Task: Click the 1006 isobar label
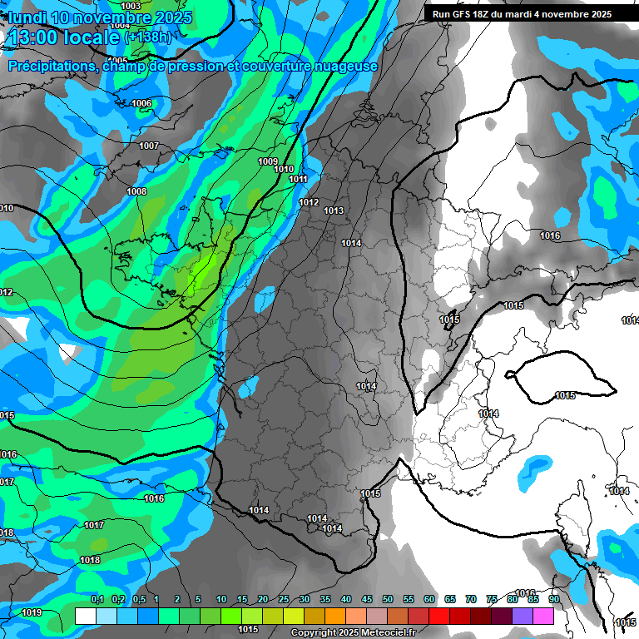[x=142, y=103]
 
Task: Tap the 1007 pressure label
[x=149, y=146]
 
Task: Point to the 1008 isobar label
[x=136, y=191]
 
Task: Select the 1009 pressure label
[x=268, y=161]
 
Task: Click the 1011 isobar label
[x=299, y=179]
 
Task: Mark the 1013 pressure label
[x=334, y=211]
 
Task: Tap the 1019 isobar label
[x=32, y=612]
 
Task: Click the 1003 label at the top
[x=131, y=6]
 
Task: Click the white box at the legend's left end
[x=85, y=616]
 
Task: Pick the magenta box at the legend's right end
[x=543, y=616]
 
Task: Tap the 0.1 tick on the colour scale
[x=97, y=600]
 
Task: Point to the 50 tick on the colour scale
[x=388, y=600]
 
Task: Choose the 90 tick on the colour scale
[x=553, y=600]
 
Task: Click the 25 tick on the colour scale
[x=284, y=600]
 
